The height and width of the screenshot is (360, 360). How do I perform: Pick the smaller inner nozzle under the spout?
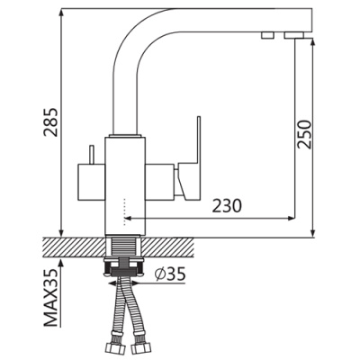(267, 34)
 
